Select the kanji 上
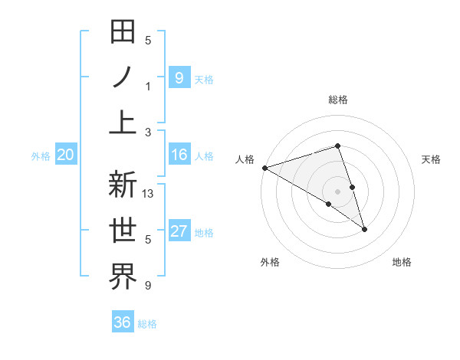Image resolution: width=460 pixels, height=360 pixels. point(123,123)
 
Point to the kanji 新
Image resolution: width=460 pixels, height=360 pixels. point(123,185)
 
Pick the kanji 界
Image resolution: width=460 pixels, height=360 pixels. point(123,277)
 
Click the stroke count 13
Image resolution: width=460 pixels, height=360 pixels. point(149,194)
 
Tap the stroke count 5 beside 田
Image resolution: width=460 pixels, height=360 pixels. point(148,41)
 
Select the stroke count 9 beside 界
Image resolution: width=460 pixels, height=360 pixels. point(148,286)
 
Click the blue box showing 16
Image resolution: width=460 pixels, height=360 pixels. point(179,155)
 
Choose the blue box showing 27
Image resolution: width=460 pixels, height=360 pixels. point(179,232)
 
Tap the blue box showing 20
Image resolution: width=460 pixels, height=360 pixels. point(65,155)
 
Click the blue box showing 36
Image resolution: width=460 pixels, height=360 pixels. point(122,322)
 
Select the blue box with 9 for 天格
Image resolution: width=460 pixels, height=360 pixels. point(179,77)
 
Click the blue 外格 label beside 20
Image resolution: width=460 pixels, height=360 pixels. point(41,156)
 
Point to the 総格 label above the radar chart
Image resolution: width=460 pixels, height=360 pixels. point(338,100)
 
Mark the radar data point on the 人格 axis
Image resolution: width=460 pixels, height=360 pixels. point(264,167)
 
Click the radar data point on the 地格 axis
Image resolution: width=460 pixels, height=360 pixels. point(364,229)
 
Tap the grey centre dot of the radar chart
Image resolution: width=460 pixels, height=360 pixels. point(337,190)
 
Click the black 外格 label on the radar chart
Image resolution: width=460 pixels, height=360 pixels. point(270,262)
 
